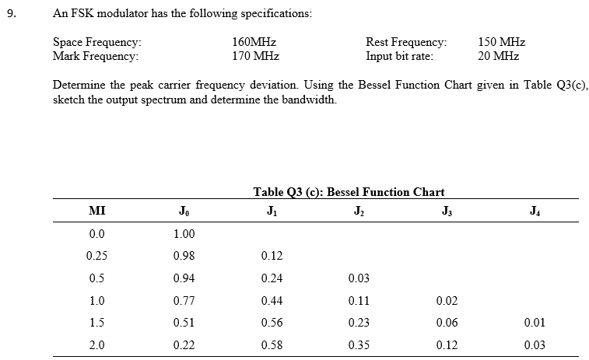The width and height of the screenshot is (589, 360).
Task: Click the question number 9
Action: (x=11, y=13)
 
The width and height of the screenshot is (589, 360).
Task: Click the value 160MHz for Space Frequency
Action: (x=254, y=43)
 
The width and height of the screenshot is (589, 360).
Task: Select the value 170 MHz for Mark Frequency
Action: (x=256, y=56)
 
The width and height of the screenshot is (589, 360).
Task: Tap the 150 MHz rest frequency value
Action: (x=501, y=43)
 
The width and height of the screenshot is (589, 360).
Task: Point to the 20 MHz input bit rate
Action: (x=498, y=56)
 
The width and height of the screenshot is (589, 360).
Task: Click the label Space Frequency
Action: (x=96, y=43)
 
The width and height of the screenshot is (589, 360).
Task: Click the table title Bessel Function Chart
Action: (x=349, y=192)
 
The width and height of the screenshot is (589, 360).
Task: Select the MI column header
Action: (x=97, y=211)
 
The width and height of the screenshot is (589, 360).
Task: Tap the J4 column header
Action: (x=532, y=211)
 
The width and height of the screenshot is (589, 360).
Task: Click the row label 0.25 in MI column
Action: (x=97, y=255)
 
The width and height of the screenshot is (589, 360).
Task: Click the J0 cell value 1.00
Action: (x=184, y=233)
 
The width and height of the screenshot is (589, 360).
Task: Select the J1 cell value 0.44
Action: (x=272, y=301)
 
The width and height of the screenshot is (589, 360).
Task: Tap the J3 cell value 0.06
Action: (x=446, y=323)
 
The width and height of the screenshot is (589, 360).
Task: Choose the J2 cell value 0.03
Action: (x=359, y=278)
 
